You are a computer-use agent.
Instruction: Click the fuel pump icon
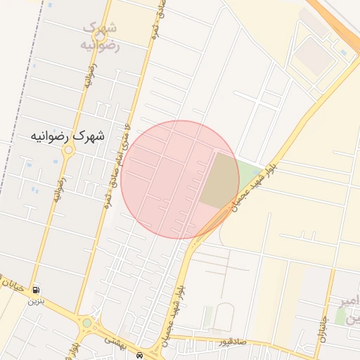tap(36, 290)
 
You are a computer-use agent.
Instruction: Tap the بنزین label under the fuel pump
tap(35, 301)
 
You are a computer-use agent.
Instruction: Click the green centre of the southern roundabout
tap(87, 323)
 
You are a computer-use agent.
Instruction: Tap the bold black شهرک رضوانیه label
tap(67, 136)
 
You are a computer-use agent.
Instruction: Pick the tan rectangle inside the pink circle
tap(219, 179)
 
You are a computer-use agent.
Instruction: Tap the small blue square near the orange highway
tap(342, 52)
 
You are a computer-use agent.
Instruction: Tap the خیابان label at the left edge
tap(15, 285)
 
